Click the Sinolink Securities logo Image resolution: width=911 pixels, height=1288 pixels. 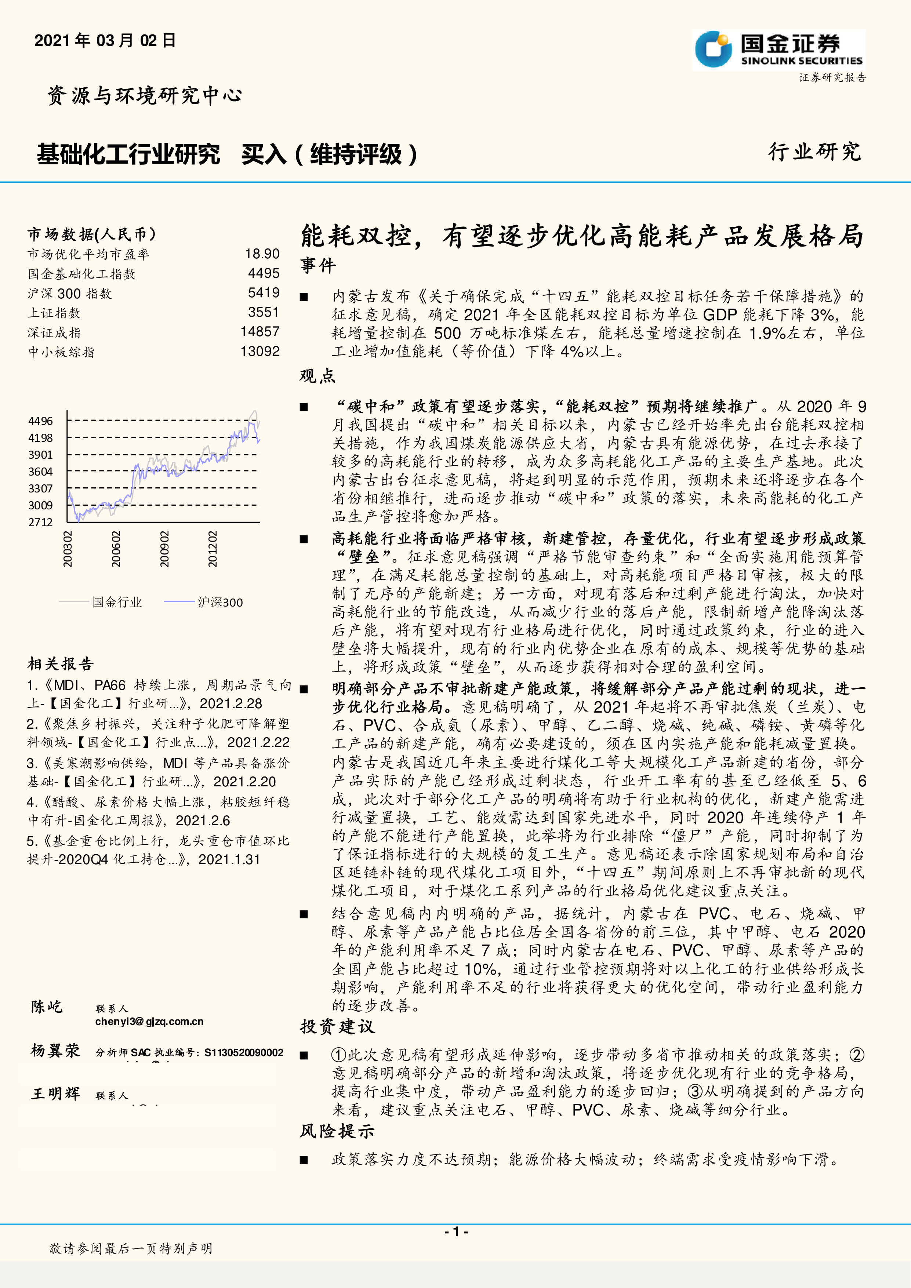778,50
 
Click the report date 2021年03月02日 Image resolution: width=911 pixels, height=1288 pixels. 105,40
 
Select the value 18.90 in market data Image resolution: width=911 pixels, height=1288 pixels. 262,254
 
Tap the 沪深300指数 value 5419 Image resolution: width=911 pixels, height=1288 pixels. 264,293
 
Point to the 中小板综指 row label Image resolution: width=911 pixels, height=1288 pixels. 61,352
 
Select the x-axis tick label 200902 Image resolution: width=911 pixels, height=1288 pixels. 164,549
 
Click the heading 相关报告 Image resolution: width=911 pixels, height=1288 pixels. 61,664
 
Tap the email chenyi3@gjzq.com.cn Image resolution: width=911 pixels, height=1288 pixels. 149,1022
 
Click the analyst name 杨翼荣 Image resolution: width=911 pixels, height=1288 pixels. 55,1051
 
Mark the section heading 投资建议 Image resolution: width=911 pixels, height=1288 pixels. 337,1027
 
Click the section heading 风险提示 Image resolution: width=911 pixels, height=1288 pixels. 337,1131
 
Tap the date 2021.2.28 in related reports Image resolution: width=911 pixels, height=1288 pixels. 231,703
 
